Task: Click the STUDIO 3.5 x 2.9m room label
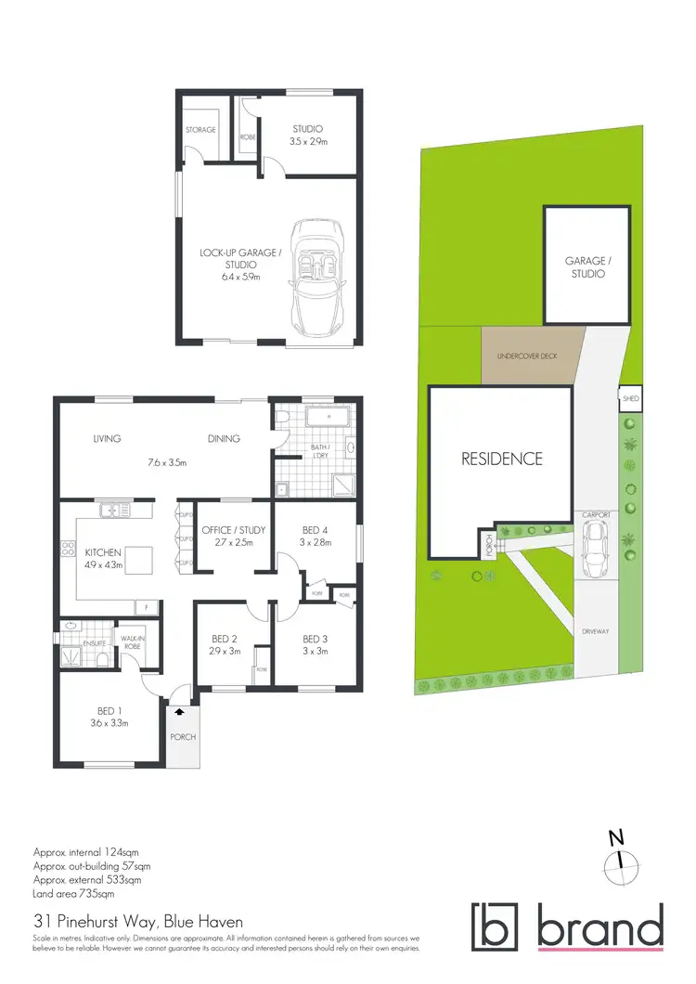[307, 136]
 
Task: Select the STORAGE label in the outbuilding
[200, 130]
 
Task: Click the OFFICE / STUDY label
[234, 536]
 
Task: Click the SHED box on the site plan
[630, 400]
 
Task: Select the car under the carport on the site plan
[594, 548]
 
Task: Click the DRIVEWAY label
[594, 631]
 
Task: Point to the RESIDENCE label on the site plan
[502, 459]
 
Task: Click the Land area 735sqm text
[73, 894]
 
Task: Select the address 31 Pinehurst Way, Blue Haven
[138, 922]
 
